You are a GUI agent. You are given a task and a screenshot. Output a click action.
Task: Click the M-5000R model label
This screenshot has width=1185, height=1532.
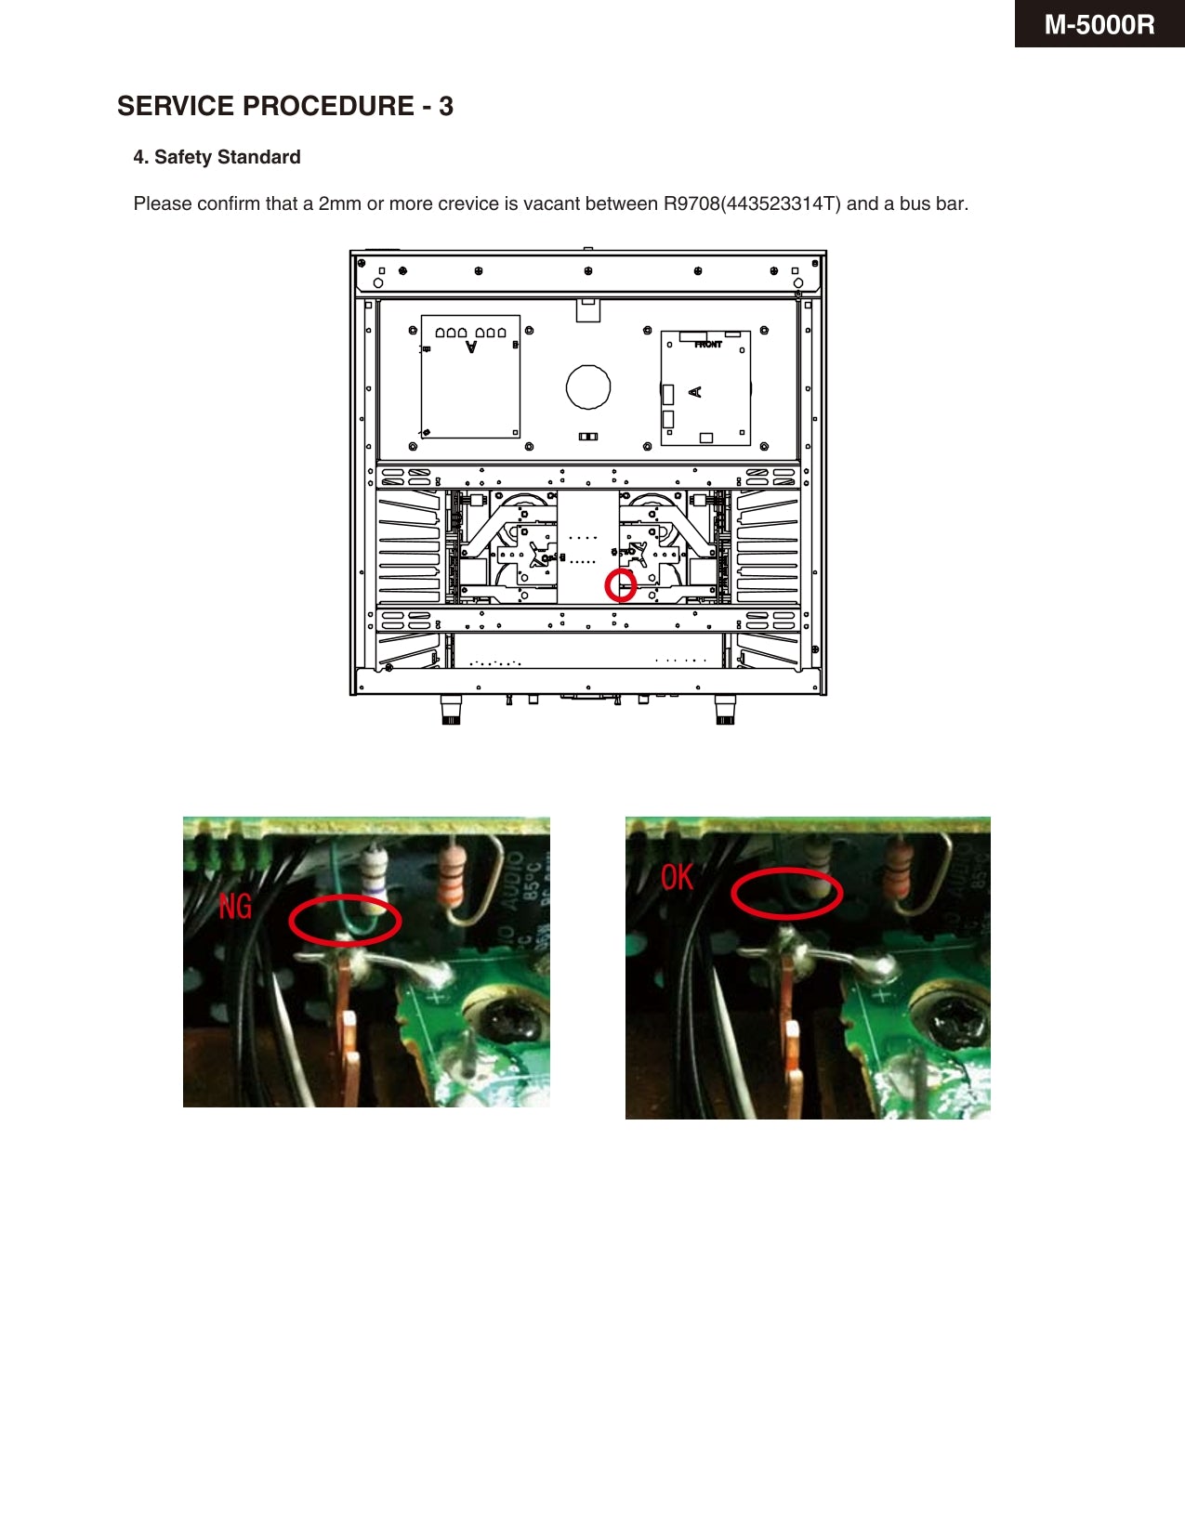[x=1099, y=24]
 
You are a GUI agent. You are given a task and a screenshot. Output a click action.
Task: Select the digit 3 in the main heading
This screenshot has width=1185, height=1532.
[x=446, y=106]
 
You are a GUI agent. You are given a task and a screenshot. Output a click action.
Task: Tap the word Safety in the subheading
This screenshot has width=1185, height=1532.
[x=183, y=157]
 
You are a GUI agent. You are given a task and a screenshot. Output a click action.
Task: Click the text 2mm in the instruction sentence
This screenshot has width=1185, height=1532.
[x=339, y=203]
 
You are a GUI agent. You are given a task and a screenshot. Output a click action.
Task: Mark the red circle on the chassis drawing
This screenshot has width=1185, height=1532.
[x=621, y=585]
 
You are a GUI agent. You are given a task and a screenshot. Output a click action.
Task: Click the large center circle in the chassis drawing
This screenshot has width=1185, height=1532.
[x=588, y=386]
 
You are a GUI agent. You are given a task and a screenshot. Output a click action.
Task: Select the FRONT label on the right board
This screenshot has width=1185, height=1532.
[x=707, y=345]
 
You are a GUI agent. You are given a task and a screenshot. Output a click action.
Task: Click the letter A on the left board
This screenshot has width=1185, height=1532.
[x=471, y=347]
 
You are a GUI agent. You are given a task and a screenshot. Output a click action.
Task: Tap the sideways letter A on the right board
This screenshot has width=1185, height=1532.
[x=694, y=392]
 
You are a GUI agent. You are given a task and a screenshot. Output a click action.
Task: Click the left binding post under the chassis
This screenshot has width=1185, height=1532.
[x=451, y=710]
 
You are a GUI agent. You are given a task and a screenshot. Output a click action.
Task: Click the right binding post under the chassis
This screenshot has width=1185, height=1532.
[x=725, y=710]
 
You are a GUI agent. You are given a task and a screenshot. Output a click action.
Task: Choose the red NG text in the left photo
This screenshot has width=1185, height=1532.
[x=235, y=906]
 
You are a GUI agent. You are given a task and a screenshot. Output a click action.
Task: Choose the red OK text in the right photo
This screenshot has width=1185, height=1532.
[x=677, y=876]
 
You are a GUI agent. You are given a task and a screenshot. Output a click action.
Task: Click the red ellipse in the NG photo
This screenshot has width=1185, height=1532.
[x=345, y=921]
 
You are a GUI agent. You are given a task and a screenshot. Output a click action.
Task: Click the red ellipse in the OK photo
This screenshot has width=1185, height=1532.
[x=786, y=893]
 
